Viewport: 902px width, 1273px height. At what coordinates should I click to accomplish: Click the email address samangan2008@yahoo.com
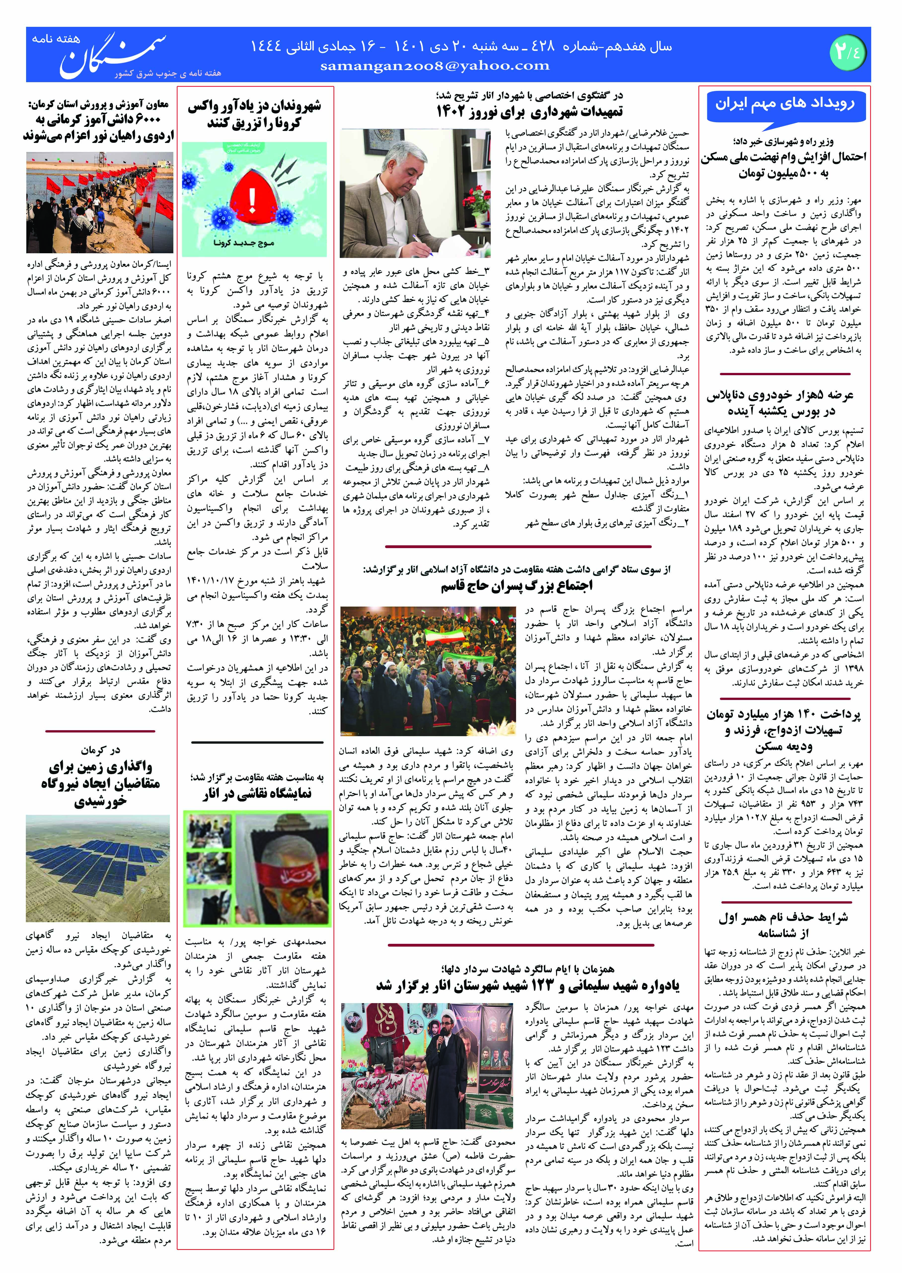click(435, 66)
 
